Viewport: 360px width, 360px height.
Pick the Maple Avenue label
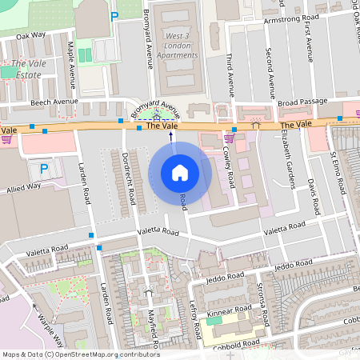72,66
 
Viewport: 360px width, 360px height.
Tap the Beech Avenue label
54,102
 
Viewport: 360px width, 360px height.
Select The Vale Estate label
26,69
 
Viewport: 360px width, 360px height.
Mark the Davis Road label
314,196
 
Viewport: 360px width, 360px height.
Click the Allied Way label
22,185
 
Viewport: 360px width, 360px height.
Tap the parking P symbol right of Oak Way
114,16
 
